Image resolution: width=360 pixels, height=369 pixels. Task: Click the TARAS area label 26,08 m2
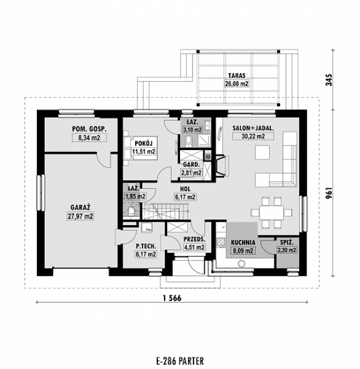pyautogui.click(x=237, y=84)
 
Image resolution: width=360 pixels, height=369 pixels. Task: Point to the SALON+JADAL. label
pyautogui.click(x=253, y=128)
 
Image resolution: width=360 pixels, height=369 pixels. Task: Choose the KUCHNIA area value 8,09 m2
pyautogui.click(x=242, y=248)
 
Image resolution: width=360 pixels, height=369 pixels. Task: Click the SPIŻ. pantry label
pyautogui.click(x=286, y=242)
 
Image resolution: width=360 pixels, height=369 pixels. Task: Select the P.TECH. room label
pyautogui.click(x=146, y=246)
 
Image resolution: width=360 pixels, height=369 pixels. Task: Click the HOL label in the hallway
pyautogui.click(x=185, y=189)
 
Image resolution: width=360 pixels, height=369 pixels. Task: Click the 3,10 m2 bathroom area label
pyautogui.click(x=192, y=130)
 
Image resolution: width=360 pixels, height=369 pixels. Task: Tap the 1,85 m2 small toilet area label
pyautogui.click(x=135, y=196)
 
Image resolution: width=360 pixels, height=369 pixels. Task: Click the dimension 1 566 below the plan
pyautogui.click(x=171, y=300)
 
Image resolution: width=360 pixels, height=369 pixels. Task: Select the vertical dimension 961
pyautogui.click(x=329, y=193)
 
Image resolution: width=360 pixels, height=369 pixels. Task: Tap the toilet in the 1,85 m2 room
pyautogui.click(x=132, y=213)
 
